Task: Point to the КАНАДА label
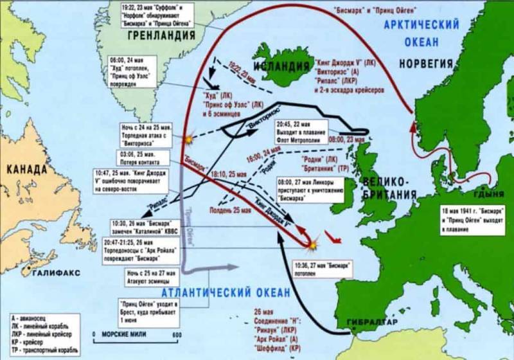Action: (x=26, y=170)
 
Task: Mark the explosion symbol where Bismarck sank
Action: (x=312, y=244)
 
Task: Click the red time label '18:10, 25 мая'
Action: (x=224, y=174)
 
